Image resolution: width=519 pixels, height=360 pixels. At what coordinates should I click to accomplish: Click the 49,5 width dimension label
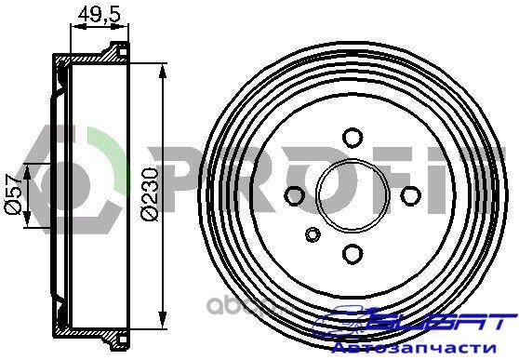99,15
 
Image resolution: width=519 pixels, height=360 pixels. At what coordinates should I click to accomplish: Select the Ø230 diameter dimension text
150,194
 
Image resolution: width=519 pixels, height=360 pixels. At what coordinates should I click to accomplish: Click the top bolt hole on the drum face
353,137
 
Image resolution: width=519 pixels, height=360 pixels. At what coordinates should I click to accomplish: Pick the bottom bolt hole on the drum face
353,254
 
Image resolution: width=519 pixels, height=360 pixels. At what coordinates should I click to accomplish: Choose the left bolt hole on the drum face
294,195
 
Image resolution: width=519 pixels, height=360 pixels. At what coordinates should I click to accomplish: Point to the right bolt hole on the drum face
411,195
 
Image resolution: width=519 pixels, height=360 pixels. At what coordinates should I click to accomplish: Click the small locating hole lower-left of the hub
313,234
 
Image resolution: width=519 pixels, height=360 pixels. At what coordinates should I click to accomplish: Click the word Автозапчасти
414,348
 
